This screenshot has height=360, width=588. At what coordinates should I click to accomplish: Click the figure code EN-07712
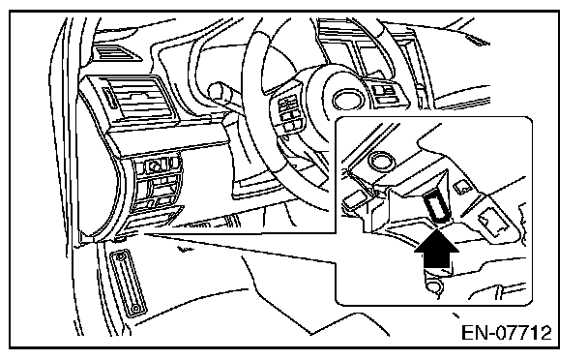pos(506,333)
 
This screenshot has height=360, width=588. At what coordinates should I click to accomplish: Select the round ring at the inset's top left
pos(381,160)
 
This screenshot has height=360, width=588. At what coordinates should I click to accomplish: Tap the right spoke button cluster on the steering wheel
pos(384,91)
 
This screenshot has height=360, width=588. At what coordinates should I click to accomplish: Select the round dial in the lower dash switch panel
pos(154,165)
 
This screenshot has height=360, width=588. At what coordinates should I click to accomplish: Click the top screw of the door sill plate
pos(120,257)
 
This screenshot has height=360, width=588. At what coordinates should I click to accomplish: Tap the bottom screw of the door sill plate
pos(135,309)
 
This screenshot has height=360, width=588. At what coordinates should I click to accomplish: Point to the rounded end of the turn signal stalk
pos(215,90)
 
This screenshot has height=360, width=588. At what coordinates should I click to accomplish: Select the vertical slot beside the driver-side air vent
pos(110,99)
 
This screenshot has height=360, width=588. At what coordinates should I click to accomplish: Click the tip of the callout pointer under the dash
pos(143,234)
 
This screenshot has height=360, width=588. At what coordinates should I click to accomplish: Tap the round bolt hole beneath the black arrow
pos(434,286)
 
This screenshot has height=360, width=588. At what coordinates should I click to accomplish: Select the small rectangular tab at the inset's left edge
pos(354,199)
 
